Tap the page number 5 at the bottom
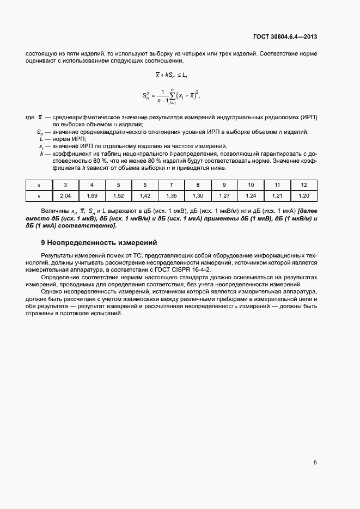(x=315, y=463)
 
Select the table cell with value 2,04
(x=65, y=194)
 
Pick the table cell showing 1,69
(x=91, y=194)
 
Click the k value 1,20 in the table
(x=304, y=194)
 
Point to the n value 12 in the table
(x=304, y=185)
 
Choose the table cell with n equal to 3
(x=65, y=185)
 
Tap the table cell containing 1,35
(x=171, y=194)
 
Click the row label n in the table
(x=39, y=185)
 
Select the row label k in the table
(x=39, y=194)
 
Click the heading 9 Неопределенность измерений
(x=99, y=242)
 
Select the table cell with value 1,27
(x=224, y=194)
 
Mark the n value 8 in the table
(x=198, y=185)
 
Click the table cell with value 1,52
(x=118, y=194)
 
